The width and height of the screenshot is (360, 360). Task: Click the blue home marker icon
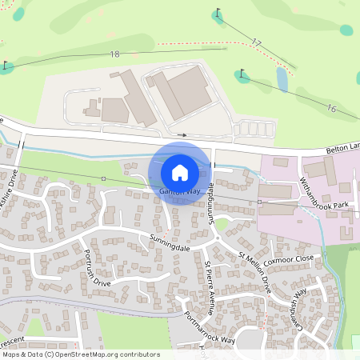(x=180, y=171)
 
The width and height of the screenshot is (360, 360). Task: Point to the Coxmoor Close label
(x=289, y=259)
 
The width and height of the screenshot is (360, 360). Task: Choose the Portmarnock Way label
(x=210, y=326)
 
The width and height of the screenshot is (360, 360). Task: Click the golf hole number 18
(x=114, y=54)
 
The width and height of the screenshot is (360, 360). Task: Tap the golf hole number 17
(x=256, y=42)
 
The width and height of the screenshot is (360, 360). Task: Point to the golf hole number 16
(x=331, y=108)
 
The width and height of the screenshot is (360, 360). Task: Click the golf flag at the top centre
(x=218, y=14)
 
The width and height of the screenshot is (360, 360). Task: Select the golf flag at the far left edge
(x=6, y=65)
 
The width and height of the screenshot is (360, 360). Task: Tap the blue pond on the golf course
(x=282, y=78)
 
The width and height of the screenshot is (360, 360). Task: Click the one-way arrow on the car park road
(x=183, y=134)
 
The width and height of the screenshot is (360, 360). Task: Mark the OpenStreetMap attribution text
(x=80, y=354)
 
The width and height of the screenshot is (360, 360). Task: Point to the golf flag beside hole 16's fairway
(x=242, y=75)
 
